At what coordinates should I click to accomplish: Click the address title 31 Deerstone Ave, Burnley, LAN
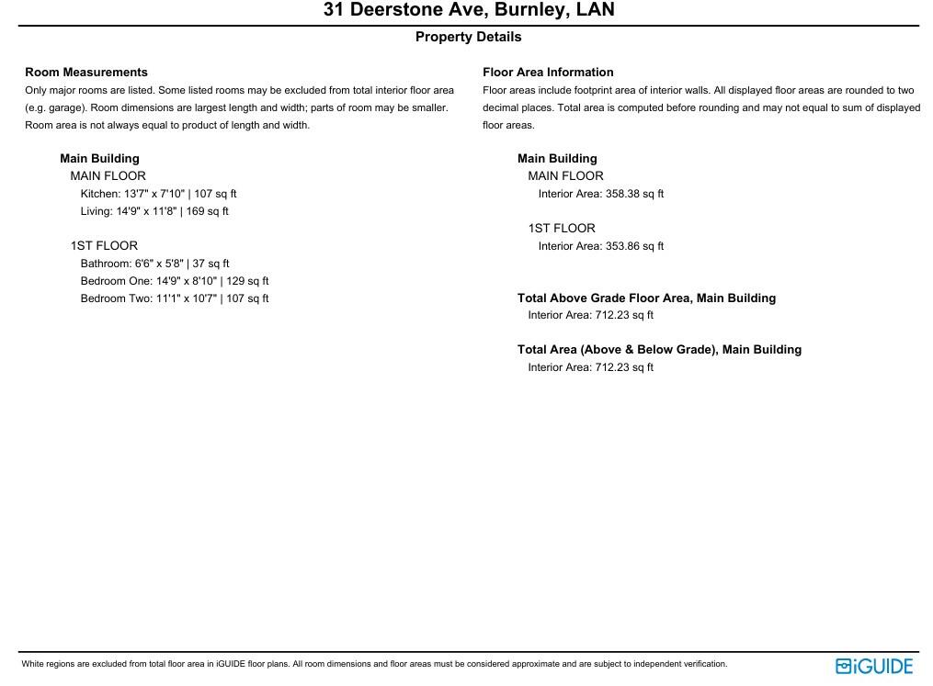pos(469,10)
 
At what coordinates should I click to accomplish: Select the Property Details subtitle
pos(468,37)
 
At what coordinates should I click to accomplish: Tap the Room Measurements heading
pos(86,72)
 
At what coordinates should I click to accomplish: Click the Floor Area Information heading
pos(548,72)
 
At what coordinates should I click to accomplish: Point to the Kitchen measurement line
pos(158,194)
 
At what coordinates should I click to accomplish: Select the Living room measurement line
pos(154,211)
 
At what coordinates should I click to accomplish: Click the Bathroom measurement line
pos(154,264)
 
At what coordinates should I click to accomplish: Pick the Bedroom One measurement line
pos(175,281)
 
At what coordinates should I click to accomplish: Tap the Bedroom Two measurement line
pos(175,298)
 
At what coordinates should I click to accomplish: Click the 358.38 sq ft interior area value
pos(634,194)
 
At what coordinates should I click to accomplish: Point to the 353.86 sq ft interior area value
pos(634,246)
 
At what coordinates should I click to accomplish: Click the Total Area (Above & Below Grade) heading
pos(659,349)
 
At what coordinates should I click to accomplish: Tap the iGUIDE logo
pos(874,666)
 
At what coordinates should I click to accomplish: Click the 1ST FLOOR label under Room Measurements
pos(104,245)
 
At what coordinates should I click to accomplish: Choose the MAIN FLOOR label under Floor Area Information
pos(565,175)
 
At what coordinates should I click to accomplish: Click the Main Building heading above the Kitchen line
pos(99,158)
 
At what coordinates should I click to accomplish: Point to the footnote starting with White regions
pos(374,664)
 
